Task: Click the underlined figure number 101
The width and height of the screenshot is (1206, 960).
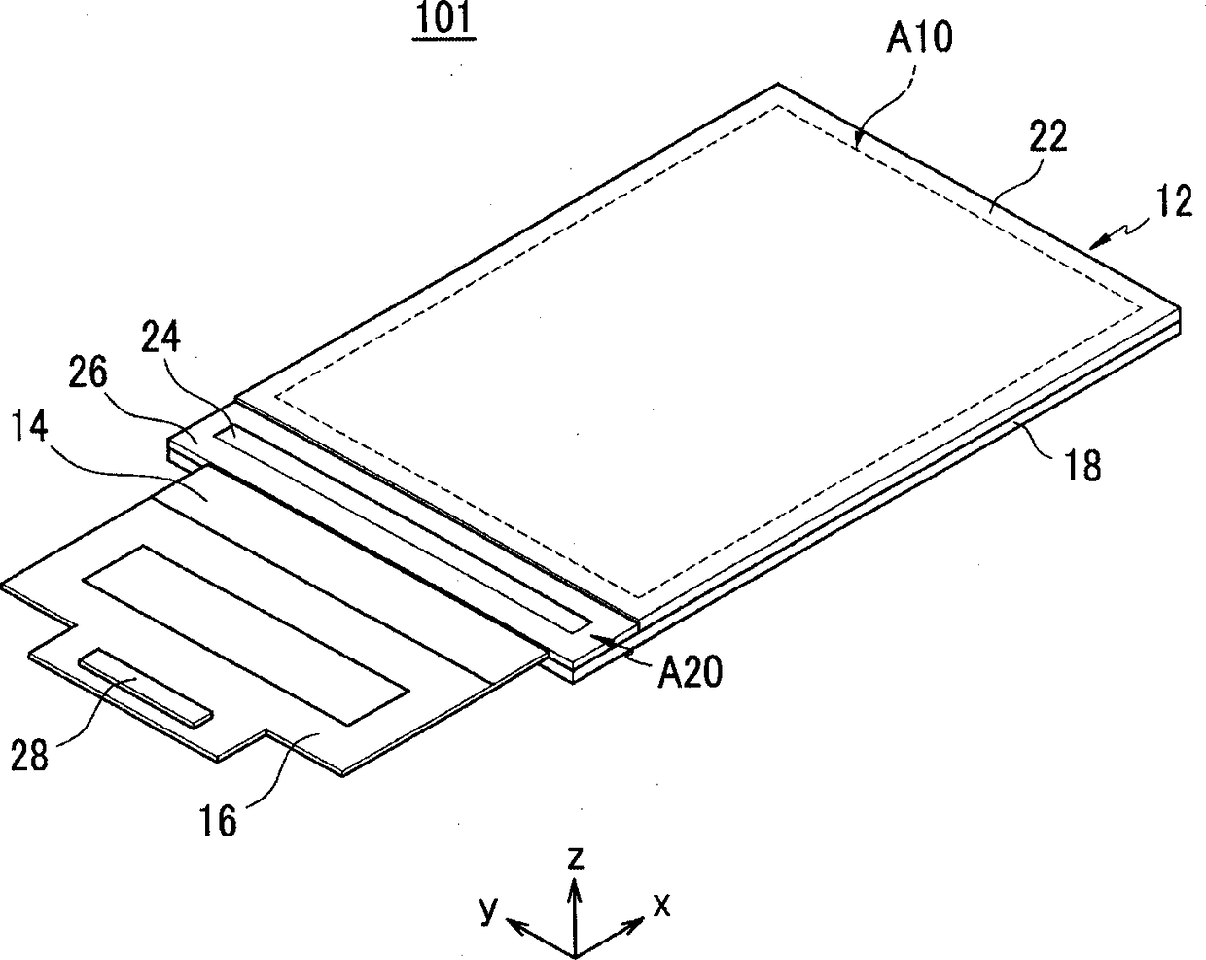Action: coord(443,20)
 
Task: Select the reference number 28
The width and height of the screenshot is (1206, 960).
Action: coord(28,754)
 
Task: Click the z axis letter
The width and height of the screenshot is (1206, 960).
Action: coord(576,858)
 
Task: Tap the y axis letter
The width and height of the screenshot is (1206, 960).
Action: coord(490,908)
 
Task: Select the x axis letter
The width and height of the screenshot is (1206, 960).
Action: coord(662,906)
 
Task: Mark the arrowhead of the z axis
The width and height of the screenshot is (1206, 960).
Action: coord(576,887)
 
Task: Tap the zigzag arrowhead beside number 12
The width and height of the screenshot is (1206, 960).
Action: coord(1098,242)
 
